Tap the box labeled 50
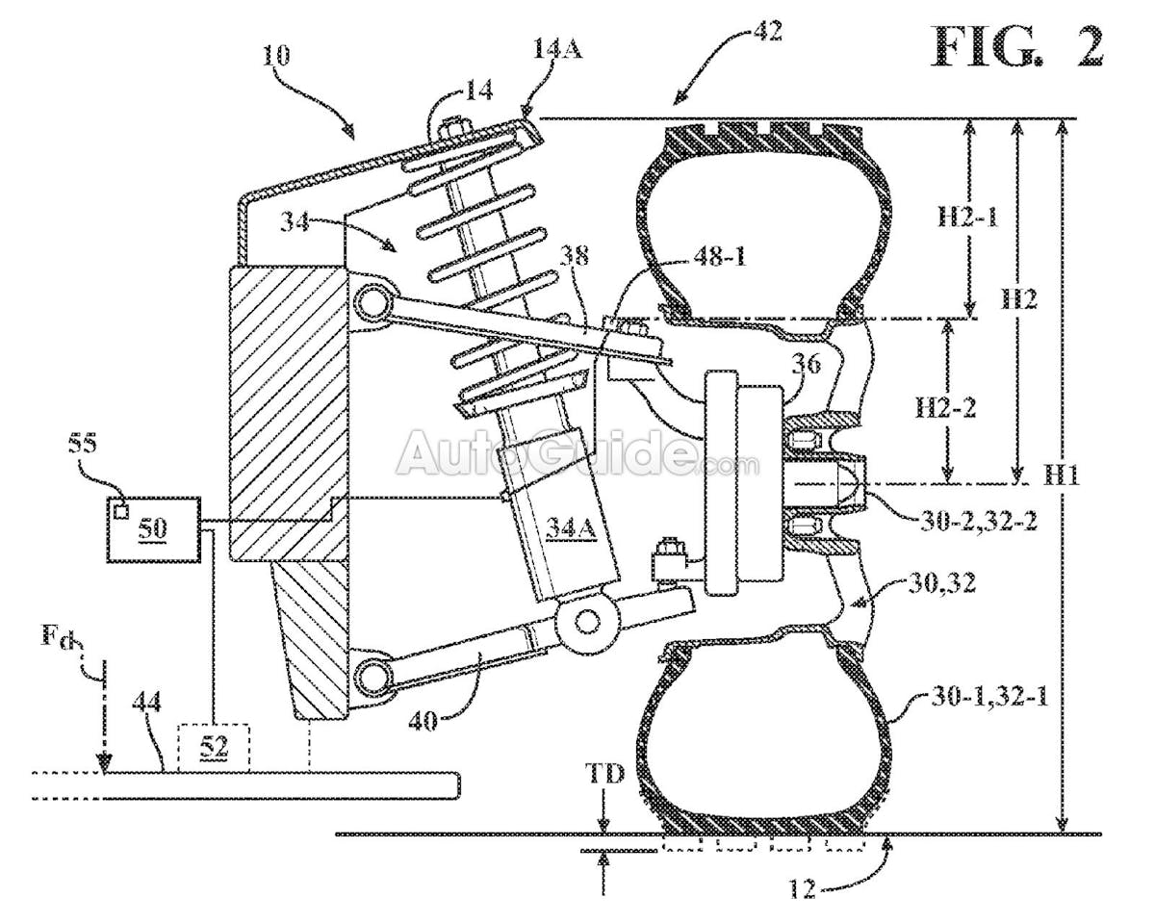(x=154, y=528)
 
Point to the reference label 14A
(x=557, y=49)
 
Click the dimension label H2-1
(x=967, y=218)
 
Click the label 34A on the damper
(x=571, y=528)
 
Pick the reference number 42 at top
(x=767, y=31)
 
